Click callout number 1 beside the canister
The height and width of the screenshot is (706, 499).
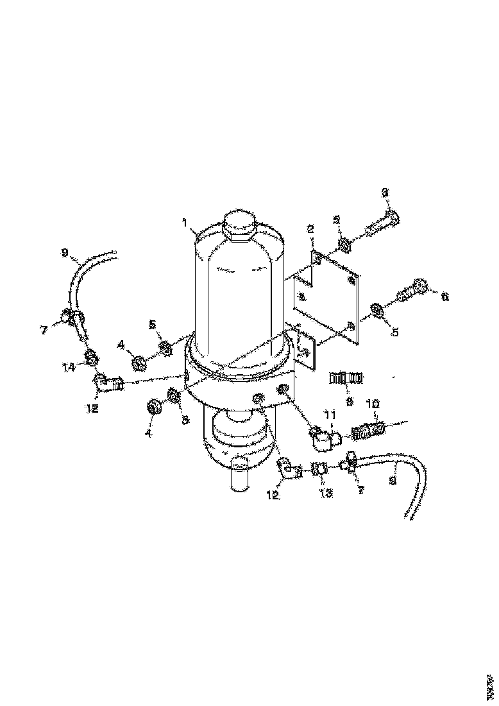coord(185,224)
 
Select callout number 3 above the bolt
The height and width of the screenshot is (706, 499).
coord(385,192)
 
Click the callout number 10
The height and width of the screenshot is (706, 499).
coord(372,404)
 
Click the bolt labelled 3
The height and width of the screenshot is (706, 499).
coord(382,225)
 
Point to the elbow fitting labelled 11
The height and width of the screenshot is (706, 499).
coord(326,439)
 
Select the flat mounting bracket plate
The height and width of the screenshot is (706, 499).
coord(327,295)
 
